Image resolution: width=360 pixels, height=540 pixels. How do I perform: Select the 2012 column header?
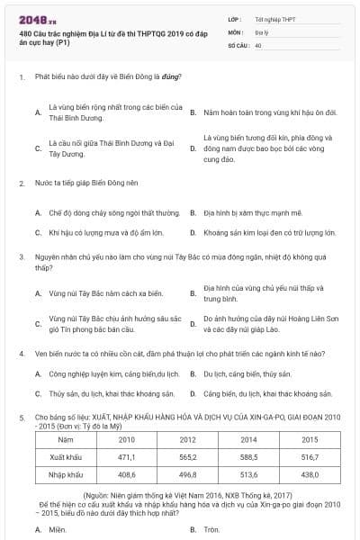coord(187,439)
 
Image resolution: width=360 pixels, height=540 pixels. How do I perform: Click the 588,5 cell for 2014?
coord(248,457)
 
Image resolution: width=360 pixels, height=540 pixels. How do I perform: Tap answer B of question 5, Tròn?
coord(211,529)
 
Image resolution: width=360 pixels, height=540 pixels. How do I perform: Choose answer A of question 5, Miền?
coord(58,529)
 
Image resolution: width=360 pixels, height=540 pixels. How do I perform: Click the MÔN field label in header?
coord(235,31)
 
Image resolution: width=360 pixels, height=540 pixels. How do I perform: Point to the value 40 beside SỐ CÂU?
coord(258,43)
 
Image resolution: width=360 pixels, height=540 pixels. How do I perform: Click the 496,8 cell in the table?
coord(187,473)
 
